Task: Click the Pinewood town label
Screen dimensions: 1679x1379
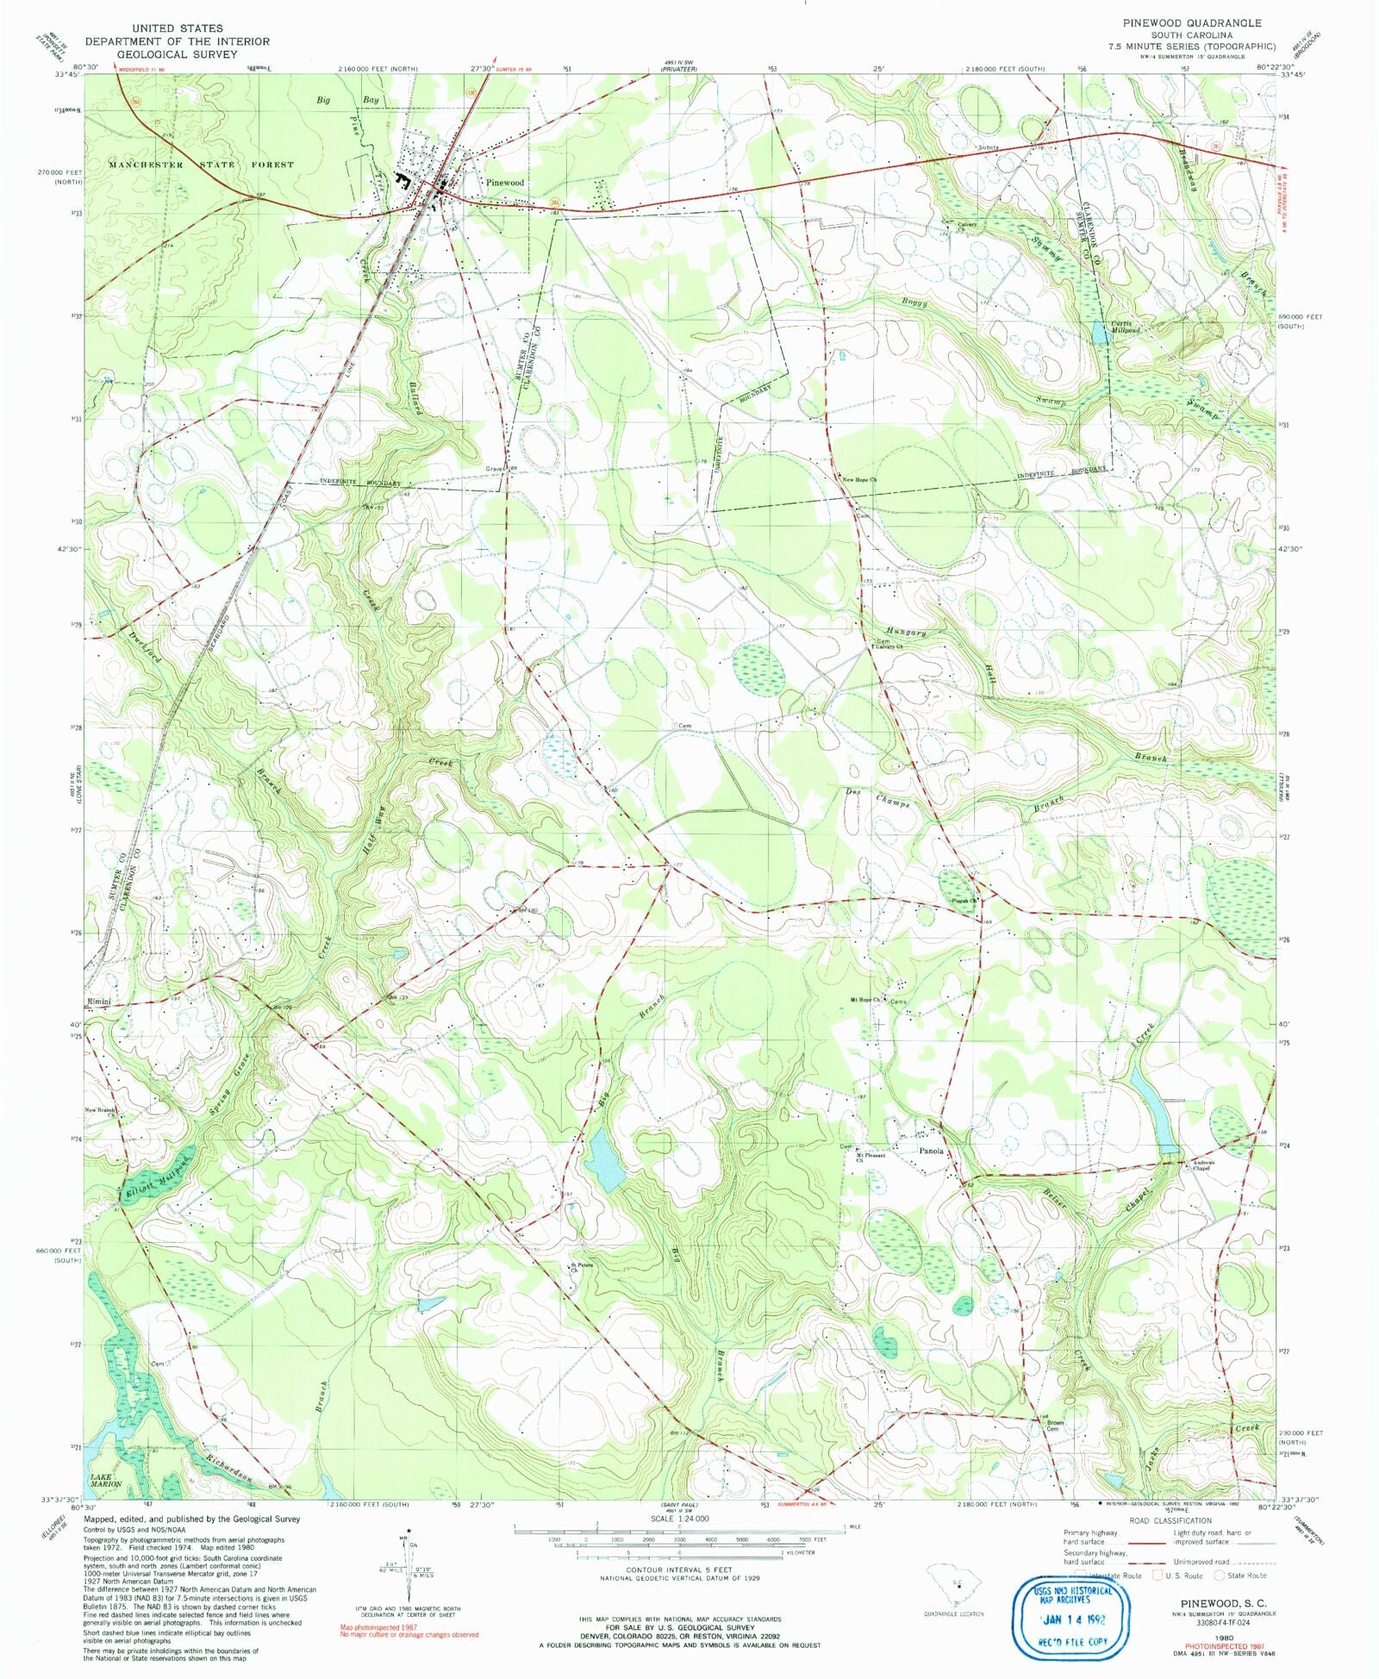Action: pos(504,183)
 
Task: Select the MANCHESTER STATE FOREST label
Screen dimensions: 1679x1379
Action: pos(201,164)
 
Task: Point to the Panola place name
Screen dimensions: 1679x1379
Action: pos(931,1151)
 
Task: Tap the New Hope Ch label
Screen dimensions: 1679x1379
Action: pos(859,480)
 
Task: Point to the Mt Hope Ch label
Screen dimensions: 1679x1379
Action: pos(865,1000)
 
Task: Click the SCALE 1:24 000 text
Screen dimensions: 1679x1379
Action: pos(686,1520)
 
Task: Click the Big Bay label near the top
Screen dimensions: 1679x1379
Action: pos(346,100)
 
